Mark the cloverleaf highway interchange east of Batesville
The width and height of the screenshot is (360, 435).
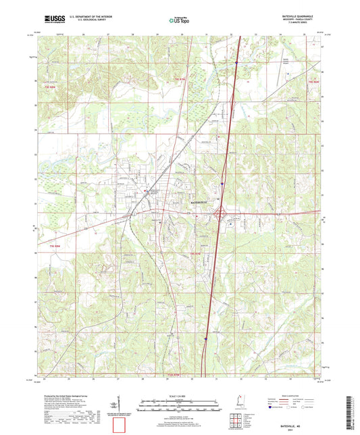tap(220, 214)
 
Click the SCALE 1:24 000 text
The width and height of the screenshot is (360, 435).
tap(179, 387)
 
